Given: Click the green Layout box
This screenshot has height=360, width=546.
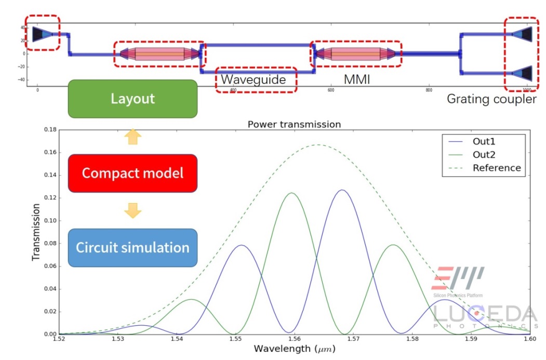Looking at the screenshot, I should [x=132, y=99].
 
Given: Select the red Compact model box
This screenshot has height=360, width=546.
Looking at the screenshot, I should [x=132, y=173].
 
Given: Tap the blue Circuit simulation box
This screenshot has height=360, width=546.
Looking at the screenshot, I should [x=132, y=247].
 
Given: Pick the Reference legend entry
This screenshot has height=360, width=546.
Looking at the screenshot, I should [x=496, y=168].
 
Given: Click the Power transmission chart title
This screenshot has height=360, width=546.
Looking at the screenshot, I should [x=294, y=124].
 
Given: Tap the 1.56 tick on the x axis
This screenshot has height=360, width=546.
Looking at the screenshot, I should [x=294, y=340].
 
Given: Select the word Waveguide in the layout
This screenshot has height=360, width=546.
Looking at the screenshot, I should [x=254, y=80].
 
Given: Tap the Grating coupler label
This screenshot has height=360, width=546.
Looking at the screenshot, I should [x=491, y=99].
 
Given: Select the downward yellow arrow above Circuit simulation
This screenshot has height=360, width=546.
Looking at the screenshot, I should [x=133, y=210].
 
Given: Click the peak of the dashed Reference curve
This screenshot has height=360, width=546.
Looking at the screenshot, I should [x=318, y=144].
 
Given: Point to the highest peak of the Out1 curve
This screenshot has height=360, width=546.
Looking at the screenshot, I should [x=341, y=190].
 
